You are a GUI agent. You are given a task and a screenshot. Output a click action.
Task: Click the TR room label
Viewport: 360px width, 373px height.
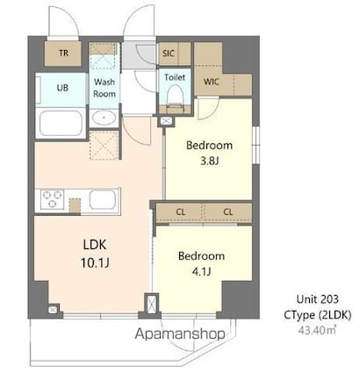click(63, 54)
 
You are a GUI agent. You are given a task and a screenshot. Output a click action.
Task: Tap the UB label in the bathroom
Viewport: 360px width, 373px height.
click(62, 88)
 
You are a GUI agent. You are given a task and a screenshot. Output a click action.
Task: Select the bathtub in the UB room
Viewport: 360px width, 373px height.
click(61, 123)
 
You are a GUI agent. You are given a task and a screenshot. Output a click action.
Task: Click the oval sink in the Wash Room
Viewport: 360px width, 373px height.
click(104, 118)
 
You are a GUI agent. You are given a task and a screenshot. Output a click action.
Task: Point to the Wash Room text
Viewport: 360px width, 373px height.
click(104, 88)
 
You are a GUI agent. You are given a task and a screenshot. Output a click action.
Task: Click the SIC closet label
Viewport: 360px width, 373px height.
click(168, 54)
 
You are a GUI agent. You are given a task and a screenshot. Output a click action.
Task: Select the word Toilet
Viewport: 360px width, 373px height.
click(175, 77)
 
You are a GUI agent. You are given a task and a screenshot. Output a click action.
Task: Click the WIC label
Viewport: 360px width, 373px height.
click(212, 82)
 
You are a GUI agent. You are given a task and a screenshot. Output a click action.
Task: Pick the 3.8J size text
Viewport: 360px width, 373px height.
click(209, 161)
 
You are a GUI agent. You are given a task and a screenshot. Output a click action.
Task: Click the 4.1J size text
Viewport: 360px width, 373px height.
click(201, 271)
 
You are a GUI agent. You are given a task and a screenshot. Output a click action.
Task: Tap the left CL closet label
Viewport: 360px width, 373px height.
click(181, 212)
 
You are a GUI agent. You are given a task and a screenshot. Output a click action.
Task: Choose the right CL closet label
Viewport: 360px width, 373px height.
click(228, 212)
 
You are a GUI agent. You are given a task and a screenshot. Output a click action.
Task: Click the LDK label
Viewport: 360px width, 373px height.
click(95, 245)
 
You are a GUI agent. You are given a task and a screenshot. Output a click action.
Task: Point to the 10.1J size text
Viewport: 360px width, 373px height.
click(95, 263)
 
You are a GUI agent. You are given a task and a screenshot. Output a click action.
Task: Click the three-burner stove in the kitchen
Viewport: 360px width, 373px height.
click(52, 199)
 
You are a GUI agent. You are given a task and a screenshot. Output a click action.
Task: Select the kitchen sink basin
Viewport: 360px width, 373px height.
click(102, 199)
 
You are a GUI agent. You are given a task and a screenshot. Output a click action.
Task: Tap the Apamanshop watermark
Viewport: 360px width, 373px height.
click(180, 334)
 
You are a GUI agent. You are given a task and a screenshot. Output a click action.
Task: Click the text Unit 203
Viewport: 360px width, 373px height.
click(318, 299)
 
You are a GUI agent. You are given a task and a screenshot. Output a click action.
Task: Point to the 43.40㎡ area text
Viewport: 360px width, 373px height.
click(318, 330)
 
